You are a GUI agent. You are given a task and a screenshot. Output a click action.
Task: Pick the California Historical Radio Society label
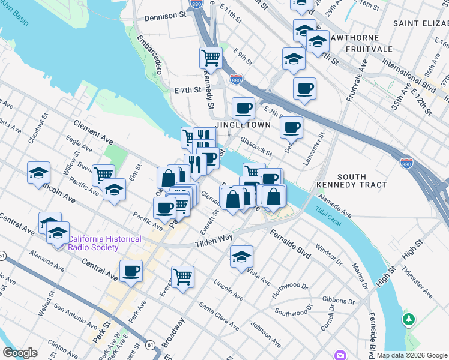click(x=104, y=244)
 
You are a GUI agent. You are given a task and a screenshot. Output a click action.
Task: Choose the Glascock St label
click(x=257, y=146)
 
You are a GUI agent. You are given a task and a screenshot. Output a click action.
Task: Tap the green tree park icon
click(x=409, y=319)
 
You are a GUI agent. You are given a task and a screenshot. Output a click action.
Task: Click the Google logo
click(x=20, y=353)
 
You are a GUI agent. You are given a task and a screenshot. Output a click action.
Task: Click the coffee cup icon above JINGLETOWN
click(x=243, y=109)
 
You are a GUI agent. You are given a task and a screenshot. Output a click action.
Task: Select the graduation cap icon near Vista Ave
click(x=242, y=257)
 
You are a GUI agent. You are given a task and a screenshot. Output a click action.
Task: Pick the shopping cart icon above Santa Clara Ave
click(x=182, y=277)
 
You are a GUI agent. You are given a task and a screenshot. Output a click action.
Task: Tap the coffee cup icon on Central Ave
click(x=131, y=271)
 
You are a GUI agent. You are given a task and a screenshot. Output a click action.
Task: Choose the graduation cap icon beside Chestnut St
click(x=38, y=173)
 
